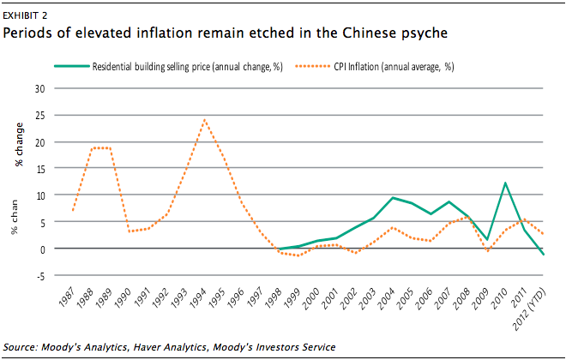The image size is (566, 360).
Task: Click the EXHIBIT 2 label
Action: [25, 15]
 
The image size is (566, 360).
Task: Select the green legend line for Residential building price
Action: [72, 66]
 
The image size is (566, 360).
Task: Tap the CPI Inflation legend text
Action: [394, 67]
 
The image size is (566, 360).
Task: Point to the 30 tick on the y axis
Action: [39, 89]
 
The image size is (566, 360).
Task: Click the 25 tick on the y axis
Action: [39, 116]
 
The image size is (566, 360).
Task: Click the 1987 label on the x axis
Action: [66, 297]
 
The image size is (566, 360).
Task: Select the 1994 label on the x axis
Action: [197, 297]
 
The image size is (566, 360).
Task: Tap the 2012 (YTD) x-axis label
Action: [530, 309]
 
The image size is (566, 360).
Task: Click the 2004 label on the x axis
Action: [386, 298]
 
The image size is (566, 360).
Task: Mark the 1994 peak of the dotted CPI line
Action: [205, 119]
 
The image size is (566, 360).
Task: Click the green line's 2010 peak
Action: [505, 183]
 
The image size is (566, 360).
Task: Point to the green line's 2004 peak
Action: [393, 198]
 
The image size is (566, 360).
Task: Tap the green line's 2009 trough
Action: [486, 239]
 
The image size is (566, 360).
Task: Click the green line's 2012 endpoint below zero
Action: [543, 255]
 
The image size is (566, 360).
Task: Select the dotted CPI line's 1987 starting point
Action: [73, 210]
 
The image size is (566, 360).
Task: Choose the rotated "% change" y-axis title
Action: [19, 144]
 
